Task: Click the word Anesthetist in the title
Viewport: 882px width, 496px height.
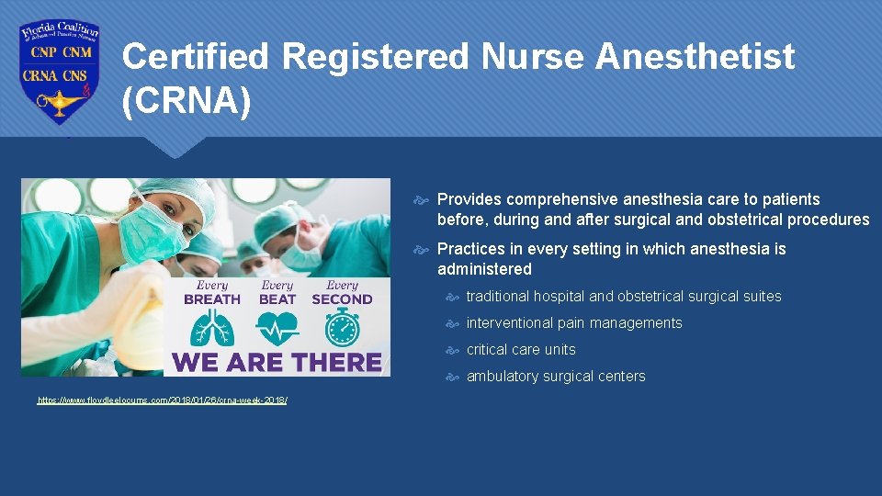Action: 695,57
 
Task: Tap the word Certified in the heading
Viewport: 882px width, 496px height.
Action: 196,57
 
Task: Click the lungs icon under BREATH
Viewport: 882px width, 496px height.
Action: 212,328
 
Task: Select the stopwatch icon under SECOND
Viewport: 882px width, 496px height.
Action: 342,328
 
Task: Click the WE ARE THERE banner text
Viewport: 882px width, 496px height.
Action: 277,362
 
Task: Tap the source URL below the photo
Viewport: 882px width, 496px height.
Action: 162,400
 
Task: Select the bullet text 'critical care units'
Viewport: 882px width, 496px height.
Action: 521,350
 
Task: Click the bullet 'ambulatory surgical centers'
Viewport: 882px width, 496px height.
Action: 556,377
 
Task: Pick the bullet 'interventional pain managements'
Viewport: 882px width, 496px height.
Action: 574,323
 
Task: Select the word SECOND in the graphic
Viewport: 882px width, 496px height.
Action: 342,299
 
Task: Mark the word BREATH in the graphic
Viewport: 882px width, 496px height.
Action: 212,299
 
